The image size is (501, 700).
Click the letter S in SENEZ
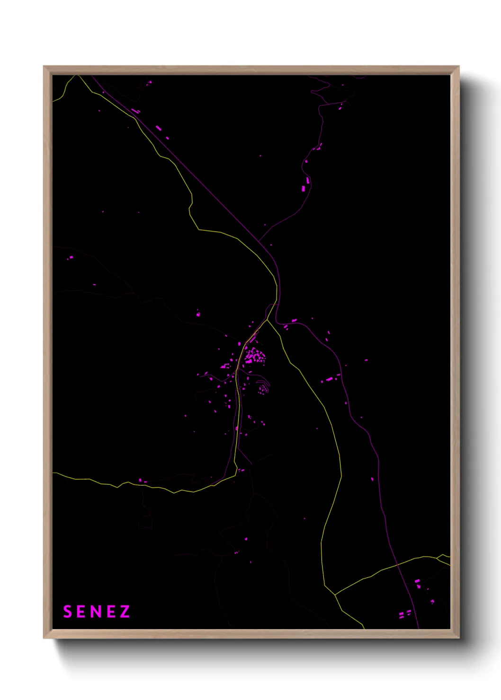[67, 612]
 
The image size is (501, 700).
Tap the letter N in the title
[97, 612]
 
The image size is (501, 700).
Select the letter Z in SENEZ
[125, 612]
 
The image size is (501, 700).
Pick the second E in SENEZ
[111, 612]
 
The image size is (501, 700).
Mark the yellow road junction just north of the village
[267, 320]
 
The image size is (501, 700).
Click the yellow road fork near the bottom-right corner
[335, 594]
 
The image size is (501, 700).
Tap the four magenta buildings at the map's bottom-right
[405, 614]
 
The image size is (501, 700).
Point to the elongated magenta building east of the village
[329, 379]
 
